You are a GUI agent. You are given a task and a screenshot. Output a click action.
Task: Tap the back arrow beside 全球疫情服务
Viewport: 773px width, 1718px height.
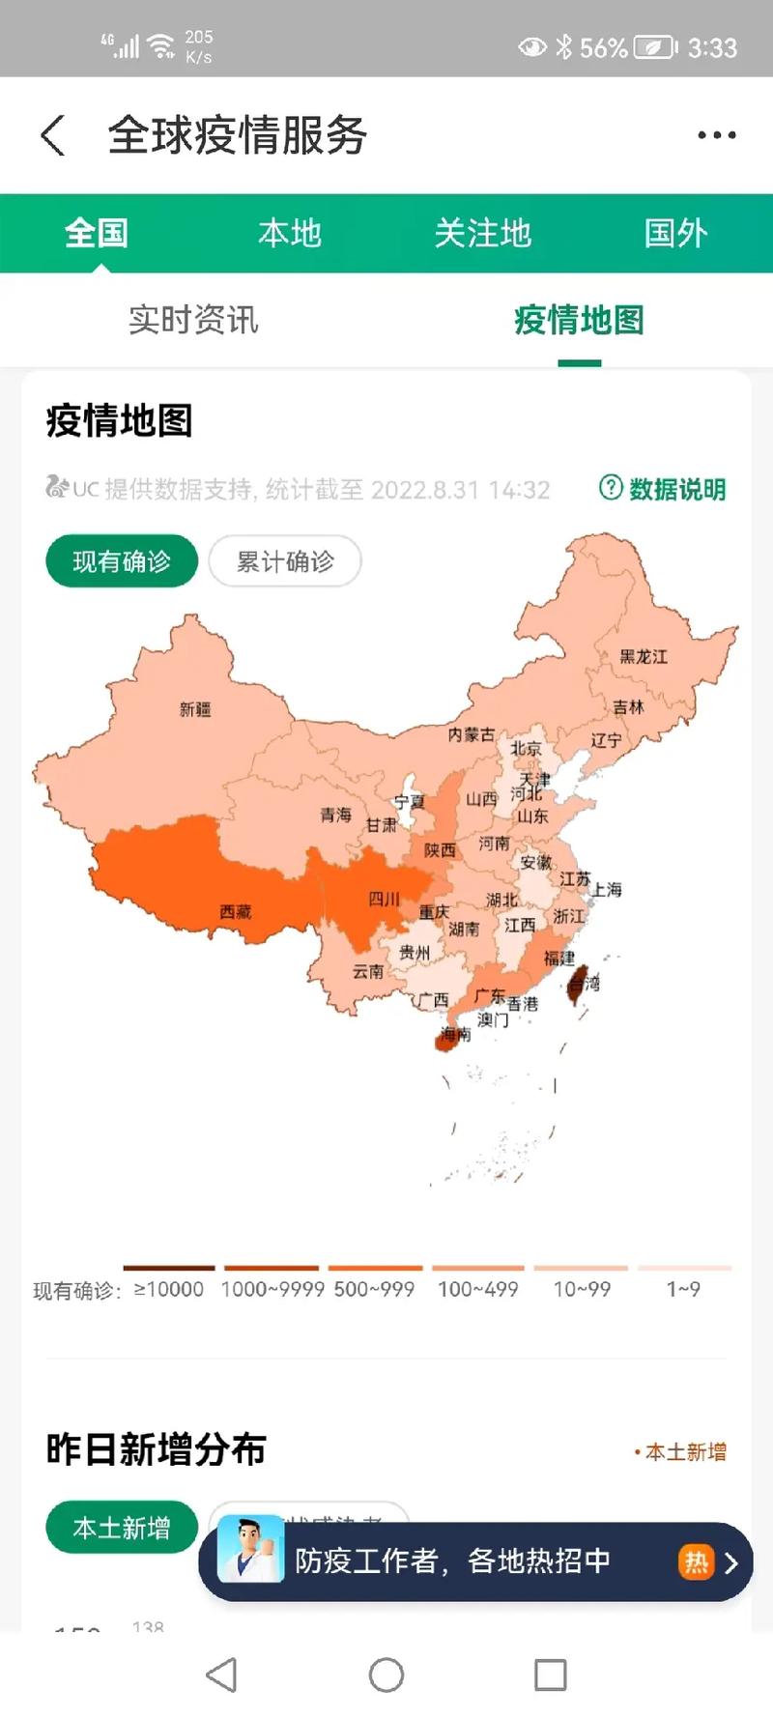[54, 135]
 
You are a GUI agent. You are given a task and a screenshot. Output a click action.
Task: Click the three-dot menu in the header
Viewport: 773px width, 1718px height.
[717, 135]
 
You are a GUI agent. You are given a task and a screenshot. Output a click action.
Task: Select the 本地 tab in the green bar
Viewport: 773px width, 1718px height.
[289, 233]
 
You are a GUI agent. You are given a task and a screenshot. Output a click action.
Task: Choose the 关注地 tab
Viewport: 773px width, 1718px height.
[482, 233]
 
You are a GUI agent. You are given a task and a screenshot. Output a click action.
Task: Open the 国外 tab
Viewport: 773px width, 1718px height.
[675, 233]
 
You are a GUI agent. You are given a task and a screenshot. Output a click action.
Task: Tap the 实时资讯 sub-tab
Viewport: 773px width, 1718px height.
[193, 320]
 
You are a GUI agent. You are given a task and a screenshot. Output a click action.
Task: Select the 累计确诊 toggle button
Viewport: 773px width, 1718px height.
[285, 561]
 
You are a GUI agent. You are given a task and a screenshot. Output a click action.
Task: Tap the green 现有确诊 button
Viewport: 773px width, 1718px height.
[122, 561]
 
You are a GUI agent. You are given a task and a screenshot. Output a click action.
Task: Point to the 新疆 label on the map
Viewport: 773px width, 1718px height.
[195, 709]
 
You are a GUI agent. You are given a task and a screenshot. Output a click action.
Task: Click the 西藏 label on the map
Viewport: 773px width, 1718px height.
[235, 911]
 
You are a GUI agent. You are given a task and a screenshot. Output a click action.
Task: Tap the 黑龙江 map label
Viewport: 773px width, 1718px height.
[644, 657]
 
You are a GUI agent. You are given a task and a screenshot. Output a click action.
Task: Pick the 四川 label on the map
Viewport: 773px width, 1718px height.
[384, 900]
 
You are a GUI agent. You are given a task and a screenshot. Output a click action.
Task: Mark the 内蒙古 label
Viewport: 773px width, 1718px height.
[471, 735]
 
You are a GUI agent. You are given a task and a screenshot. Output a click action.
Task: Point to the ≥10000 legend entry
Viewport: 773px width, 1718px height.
[169, 1288]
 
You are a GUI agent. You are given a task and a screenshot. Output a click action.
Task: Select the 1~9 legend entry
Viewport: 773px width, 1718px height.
[683, 1288]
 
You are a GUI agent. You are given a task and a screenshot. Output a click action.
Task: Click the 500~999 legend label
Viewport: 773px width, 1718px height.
[374, 1288]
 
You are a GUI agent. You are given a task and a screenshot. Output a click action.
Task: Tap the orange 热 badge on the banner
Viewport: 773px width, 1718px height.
[696, 1561]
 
